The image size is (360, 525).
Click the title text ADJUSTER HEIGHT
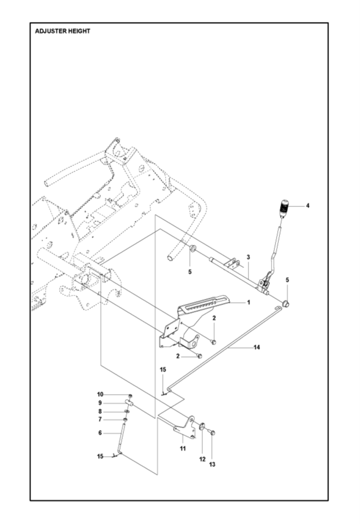[63, 31]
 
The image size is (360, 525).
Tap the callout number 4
[308, 206]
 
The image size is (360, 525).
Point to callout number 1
[248, 302]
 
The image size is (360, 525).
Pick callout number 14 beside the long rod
[256, 347]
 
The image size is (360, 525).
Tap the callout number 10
[100, 394]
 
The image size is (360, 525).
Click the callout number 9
[100, 403]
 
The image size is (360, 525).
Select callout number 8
[100, 412]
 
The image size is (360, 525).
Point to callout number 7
[100, 420]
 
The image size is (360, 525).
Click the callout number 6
[100, 433]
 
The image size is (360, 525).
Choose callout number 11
[183, 448]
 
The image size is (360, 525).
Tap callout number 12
[202, 459]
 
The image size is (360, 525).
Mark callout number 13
[212, 465]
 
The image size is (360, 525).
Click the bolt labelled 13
[212, 432]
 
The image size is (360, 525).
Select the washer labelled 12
[202, 426]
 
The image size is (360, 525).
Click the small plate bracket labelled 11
[185, 427]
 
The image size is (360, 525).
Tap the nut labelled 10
[130, 396]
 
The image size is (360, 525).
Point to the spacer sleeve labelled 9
[130, 403]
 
